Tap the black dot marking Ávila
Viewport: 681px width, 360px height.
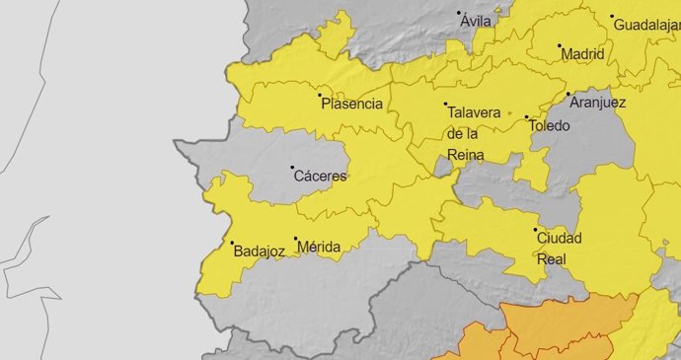tap(459, 13)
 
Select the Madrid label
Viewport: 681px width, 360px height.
tap(582, 55)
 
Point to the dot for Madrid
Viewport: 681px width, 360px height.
tap(560, 45)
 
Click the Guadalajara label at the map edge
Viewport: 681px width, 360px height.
tap(647, 25)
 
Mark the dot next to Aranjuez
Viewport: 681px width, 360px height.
tap(567, 95)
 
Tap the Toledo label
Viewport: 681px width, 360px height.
tap(550, 126)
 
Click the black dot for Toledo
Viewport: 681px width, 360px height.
tap(526, 117)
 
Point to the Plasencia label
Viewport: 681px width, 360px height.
tap(352, 104)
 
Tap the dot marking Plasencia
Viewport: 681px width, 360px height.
tap(320, 95)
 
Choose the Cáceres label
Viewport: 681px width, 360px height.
tap(324, 177)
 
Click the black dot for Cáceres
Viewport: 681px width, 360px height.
tap(292, 168)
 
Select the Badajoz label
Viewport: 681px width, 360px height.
tap(260, 252)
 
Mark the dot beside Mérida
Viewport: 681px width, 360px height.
tap(295, 238)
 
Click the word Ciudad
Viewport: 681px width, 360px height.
tap(559, 238)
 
